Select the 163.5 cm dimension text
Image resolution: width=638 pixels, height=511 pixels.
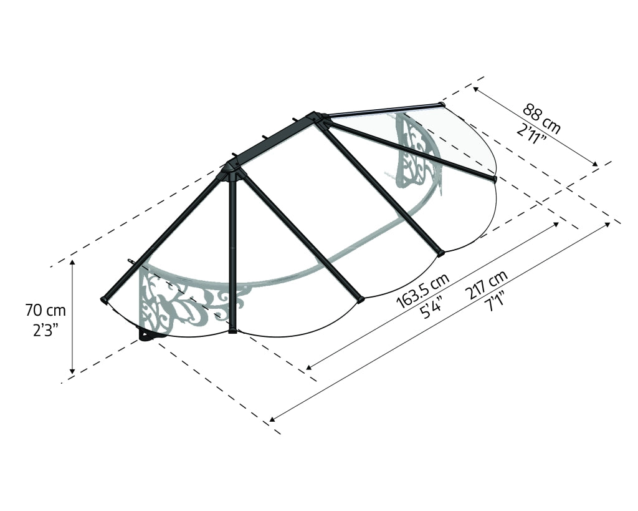point(423,291)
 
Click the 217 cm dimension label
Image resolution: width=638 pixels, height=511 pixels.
point(487,285)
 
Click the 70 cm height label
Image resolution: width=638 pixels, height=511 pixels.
point(45,311)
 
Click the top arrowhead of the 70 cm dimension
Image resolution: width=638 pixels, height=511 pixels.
point(72,262)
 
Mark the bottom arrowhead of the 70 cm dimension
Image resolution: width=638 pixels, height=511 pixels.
point(72,371)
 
